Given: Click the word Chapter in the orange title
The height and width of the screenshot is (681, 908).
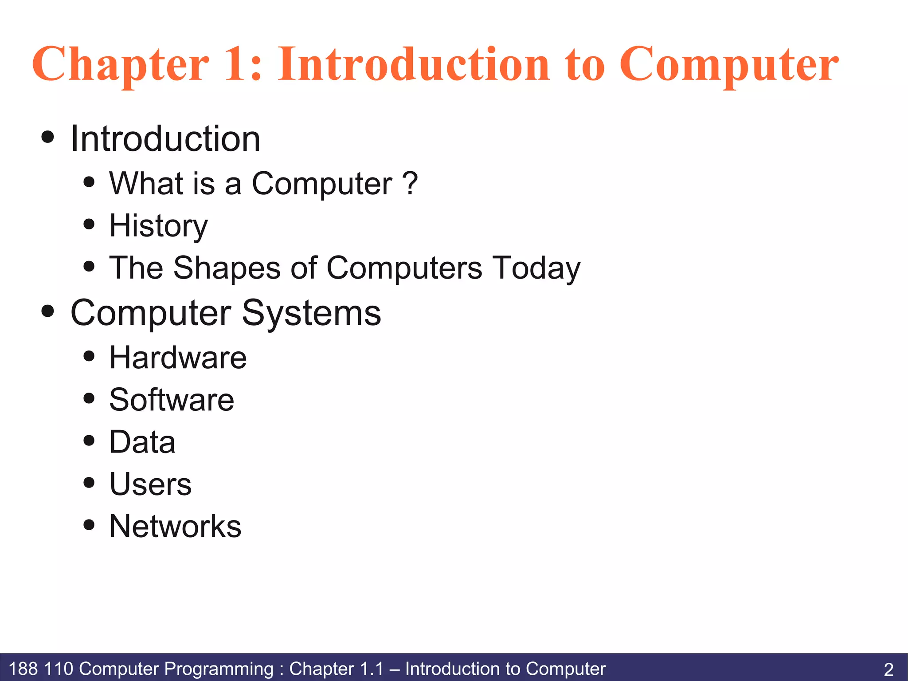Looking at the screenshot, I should tap(120, 65).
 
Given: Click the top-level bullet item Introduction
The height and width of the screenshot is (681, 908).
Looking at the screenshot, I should tap(165, 138).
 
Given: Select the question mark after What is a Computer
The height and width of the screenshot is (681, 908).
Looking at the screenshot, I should tap(411, 183).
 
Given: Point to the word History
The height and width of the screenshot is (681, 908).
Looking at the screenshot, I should tap(158, 226).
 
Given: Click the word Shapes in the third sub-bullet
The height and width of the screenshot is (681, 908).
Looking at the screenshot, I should tap(227, 268).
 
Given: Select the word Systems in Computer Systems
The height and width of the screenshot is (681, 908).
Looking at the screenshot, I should tap(311, 313).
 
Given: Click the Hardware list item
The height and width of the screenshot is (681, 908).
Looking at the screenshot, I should tap(178, 358).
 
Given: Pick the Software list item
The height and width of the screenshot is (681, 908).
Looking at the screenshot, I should tap(172, 400).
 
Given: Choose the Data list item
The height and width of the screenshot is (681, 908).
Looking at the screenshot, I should tap(142, 442).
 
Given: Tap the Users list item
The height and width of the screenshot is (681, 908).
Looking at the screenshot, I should tap(150, 484).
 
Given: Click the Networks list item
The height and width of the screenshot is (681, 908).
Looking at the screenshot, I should tap(175, 526).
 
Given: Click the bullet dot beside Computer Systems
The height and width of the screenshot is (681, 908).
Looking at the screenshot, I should tap(47, 311).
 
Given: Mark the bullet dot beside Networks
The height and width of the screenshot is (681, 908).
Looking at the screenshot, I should tap(89, 525).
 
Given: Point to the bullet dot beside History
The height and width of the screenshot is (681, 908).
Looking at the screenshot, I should tap(89, 224).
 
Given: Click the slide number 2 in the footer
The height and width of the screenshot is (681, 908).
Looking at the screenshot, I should tap(888, 669).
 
